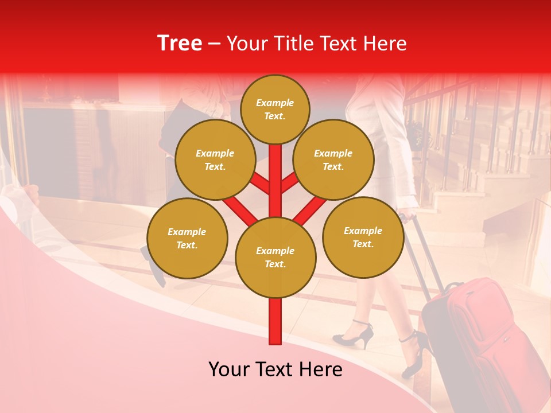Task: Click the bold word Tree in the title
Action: click(x=180, y=44)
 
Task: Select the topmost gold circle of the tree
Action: click(x=275, y=109)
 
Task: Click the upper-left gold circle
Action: click(x=215, y=159)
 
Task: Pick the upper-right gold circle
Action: click(x=333, y=159)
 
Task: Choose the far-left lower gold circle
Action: click(x=187, y=238)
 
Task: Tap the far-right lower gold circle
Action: click(x=363, y=237)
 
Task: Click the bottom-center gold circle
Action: click(x=275, y=257)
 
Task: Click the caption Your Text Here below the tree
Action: click(x=275, y=369)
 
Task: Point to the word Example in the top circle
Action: click(x=275, y=103)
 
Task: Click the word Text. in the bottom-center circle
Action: click(x=275, y=264)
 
